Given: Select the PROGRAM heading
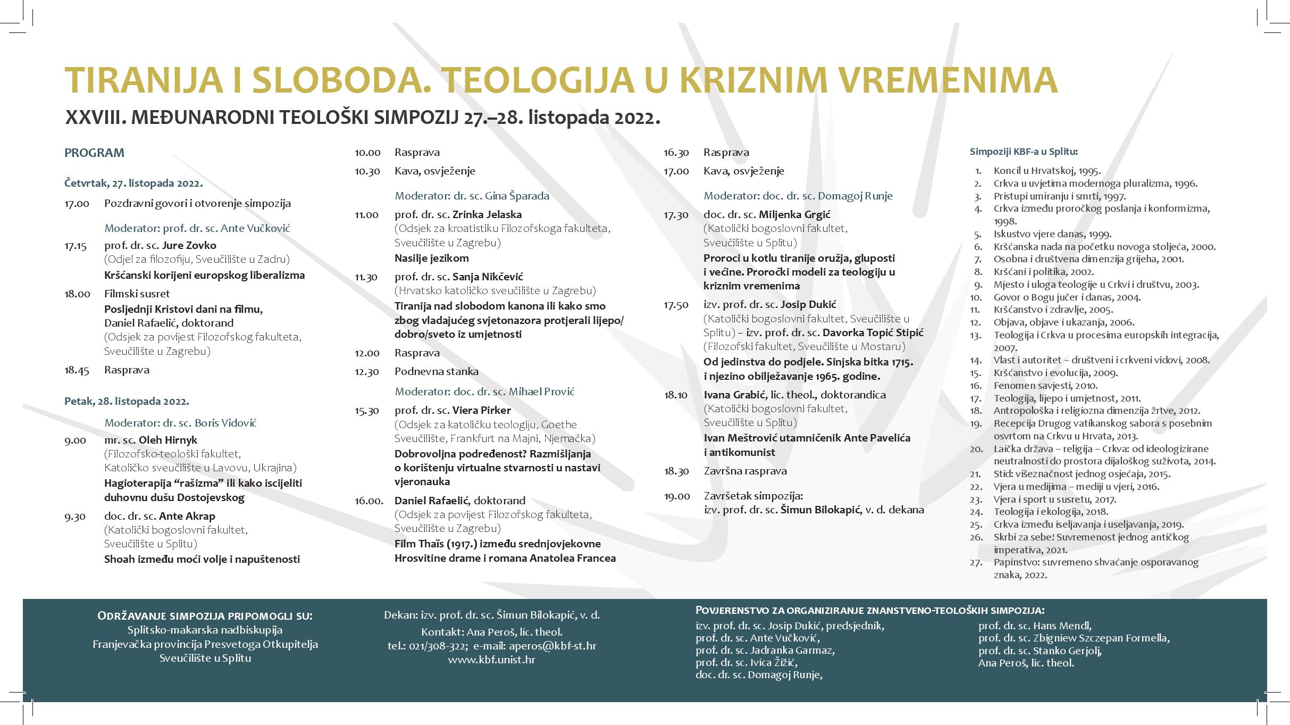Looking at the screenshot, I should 94,153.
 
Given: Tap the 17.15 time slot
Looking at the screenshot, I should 77,246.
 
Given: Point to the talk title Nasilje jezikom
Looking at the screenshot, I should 432,259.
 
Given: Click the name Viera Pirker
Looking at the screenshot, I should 481,411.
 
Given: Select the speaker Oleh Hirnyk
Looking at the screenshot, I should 167,440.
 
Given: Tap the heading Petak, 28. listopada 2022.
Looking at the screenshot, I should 127,401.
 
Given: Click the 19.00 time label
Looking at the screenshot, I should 677,496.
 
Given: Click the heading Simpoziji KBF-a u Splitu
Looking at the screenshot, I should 1024,152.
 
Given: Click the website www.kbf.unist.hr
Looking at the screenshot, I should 491,660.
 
